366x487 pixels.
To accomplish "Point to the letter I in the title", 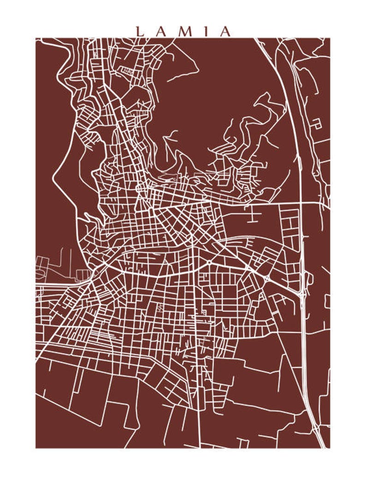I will (x=207, y=31).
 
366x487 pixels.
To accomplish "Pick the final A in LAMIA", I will (x=225, y=31).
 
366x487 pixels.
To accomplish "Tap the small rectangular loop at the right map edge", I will (x=327, y=301).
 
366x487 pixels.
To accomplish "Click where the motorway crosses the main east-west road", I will (x=300, y=202).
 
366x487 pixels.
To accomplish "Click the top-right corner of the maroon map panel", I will (x=330, y=38).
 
